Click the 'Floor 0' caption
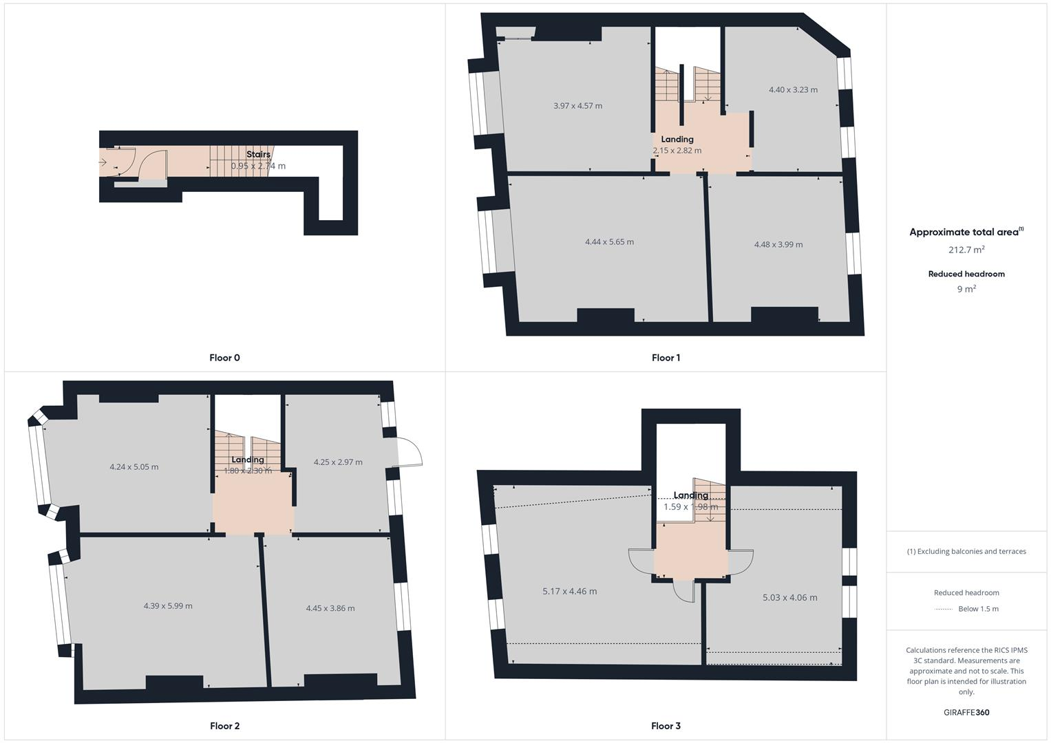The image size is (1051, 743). (224, 358)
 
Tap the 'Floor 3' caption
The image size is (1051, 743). (666, 726)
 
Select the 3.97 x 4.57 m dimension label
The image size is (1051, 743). (577, 106)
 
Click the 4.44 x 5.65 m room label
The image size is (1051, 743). (609, 242)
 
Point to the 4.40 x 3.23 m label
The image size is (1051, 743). (793, 90)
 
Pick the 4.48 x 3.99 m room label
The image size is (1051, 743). (778, 244)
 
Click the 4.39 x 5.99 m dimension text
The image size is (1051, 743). (168, 606)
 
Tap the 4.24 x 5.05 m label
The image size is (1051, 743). (134, 467)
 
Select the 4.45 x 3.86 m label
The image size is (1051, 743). (330, 608)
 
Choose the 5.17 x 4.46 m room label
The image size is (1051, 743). (569, 592)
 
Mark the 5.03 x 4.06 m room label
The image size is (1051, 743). (789, 598)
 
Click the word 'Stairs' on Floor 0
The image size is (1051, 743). (258, 155)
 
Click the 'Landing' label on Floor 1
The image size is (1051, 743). (677, 140)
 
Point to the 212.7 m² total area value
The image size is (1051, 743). (966, 250)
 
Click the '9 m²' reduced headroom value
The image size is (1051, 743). (966, 290)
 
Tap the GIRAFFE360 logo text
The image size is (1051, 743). (966, 713)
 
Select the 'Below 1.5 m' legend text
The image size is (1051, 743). (978, 609)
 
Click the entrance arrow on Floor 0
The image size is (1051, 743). (103, 162)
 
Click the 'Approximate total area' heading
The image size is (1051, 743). (964, 233)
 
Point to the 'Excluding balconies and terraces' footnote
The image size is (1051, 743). (966, 552)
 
